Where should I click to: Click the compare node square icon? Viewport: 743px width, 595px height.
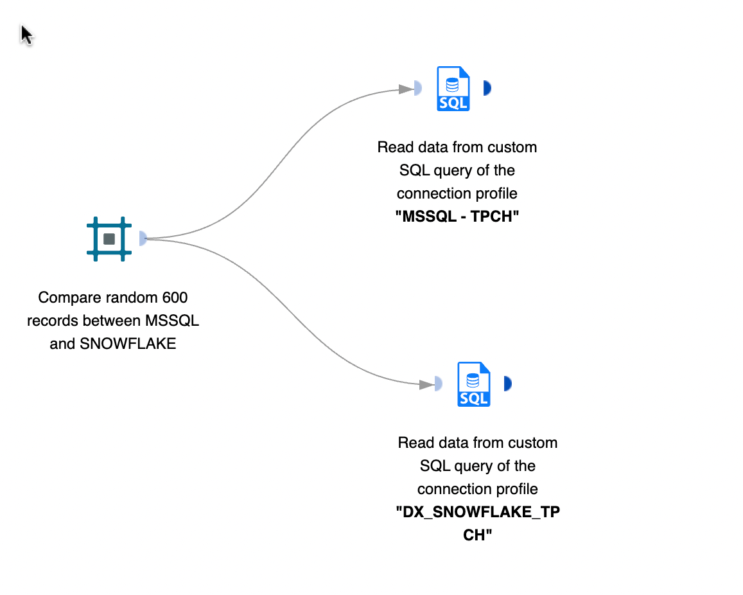pos(109,239)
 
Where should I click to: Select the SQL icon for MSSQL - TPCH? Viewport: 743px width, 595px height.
pos(453,89)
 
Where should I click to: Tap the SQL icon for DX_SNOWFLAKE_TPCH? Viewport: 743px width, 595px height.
pos(473,384)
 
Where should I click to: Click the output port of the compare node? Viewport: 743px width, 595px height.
pos(143,239)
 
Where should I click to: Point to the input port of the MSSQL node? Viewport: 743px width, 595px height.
pos(418,89)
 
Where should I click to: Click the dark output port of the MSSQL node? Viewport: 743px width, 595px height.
pos(487,88)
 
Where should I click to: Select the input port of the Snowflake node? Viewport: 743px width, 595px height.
pos(439,384)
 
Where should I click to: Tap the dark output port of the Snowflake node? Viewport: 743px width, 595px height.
pos(507,384)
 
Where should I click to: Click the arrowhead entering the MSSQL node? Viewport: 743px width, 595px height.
pos(406,89)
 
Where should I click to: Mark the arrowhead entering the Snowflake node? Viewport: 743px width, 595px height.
pos(426,384)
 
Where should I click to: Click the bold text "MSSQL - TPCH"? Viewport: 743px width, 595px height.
pos(457,217)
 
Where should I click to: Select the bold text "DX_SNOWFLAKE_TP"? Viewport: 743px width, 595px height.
pos(477,512)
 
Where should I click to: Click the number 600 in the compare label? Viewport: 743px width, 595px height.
pos(175,297)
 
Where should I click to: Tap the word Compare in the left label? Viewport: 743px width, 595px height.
pos(62,297)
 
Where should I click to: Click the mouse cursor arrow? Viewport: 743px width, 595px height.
pos(26,34)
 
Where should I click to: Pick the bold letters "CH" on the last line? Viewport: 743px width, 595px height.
pos(477,535)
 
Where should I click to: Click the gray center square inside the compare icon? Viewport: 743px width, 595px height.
pos(109,239)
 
